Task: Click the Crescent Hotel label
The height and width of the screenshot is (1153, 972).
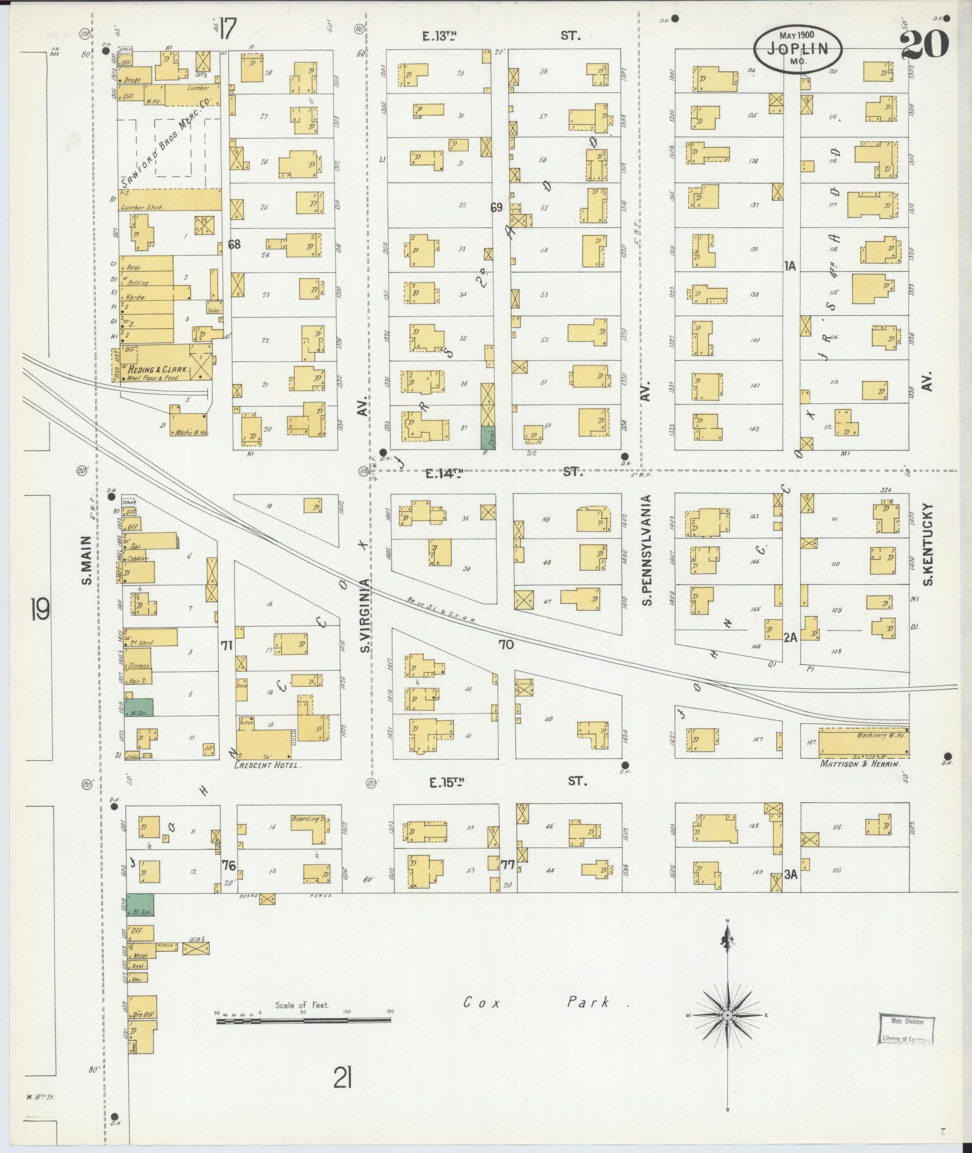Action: click(266, 765)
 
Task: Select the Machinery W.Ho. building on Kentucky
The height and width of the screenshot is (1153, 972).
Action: click(862, 741)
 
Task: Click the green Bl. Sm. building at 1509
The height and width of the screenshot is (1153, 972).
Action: click(140, 905)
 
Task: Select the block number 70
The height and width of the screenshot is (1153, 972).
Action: click(506, 645)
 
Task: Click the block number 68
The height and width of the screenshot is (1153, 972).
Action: click(234, 244)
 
